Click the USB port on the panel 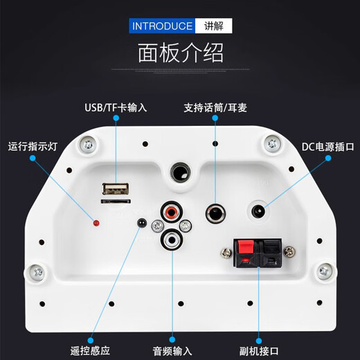click(116, 189)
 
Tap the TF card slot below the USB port click(116, 201)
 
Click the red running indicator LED click(96, 223)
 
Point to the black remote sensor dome click(142, 222)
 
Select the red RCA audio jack click(172, 212)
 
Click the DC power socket click(258, 211)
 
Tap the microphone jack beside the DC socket click(215, 213)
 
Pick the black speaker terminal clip click(270, 253)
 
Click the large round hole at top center click(181, 172)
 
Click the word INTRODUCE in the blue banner click(162, 26)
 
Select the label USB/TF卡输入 click(116, 107)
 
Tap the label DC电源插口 click(327, 147)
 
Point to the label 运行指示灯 click(33, 147)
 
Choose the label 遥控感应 click(90, 351)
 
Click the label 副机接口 click(259, 351)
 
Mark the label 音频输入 click(172, 351)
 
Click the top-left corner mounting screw click(88, 145)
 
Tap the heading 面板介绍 click(181, 53)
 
